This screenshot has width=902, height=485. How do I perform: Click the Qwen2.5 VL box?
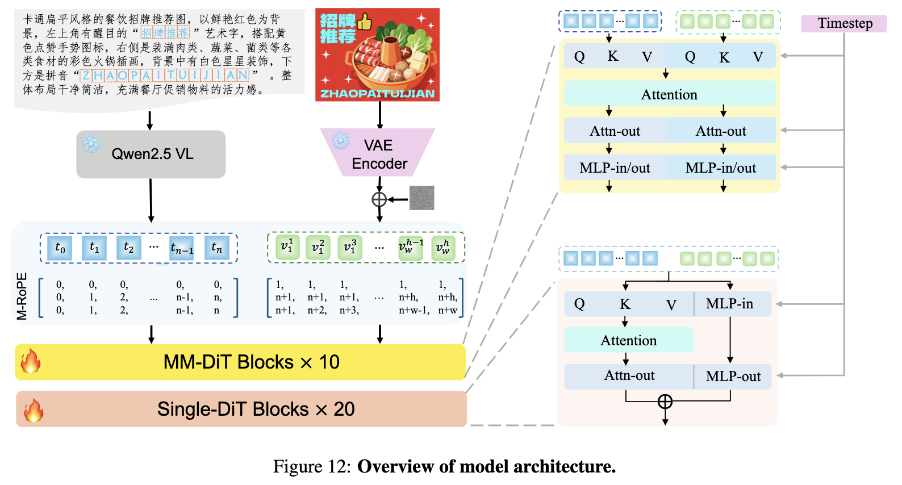click(151, 154)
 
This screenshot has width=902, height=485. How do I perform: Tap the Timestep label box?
click(844, 23)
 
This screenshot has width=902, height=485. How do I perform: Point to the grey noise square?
click(421, 198)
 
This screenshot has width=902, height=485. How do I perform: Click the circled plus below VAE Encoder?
click(379, 199)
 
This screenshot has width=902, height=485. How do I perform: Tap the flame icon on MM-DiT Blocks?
click(31, 361)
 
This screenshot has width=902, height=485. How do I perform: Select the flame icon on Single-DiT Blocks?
click(33, 410)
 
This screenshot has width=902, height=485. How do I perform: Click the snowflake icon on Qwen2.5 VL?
click(91, 144)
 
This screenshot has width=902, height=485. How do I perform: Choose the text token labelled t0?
click(60, 248)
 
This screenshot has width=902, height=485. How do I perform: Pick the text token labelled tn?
click(216, 248)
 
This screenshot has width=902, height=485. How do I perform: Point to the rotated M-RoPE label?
click(22, 296)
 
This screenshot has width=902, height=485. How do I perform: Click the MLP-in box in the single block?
click(730, 304)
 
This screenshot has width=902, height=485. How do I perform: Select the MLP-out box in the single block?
click(733, 377)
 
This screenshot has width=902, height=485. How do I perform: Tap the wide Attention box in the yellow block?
click(669, 94)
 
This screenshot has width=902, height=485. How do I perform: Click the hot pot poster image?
click(377, 55)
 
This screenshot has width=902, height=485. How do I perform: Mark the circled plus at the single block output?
click(665, 402)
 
